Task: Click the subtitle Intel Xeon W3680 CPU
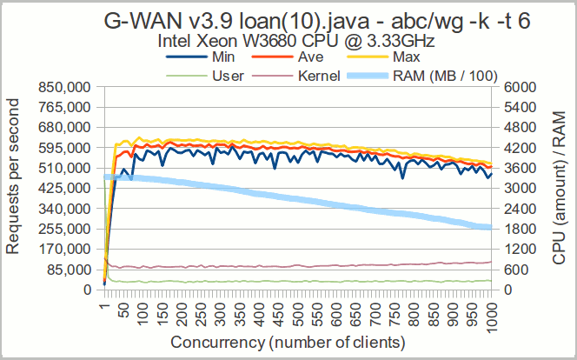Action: (x=288, y=41)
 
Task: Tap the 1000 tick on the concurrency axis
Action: (x=492, y=312)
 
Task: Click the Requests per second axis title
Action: (x=14, y=188)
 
